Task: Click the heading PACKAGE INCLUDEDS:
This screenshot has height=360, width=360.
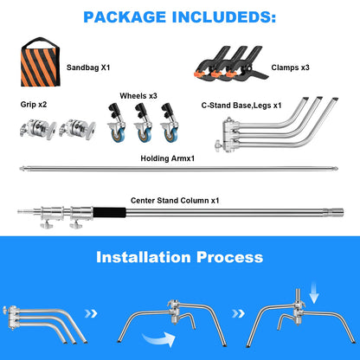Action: (x=179, y=17)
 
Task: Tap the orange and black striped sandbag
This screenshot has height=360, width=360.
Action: (x=41, y=65)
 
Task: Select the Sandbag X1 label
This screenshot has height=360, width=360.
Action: (x=88, y=67)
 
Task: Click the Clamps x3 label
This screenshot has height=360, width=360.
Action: (x=290, y=67)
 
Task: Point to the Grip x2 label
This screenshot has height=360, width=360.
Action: (x=34, y=105)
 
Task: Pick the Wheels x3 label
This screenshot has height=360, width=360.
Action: (x=138, y=96)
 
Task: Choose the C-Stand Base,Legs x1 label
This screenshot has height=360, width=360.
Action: (x=241, y=106)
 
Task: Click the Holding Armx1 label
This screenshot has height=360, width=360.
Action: (x=168, y=158)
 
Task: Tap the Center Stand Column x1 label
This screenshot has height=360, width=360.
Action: (x=175, y=201)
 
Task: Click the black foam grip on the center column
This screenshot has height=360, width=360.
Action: (x=110, y=213)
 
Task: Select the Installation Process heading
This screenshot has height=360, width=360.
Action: (x=180, y=257)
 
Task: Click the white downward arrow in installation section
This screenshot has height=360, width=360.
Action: (x=314, y=292)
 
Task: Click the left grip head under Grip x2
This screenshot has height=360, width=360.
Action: (x=38, y=129)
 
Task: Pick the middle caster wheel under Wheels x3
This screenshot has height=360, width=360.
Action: (x=144, y=123)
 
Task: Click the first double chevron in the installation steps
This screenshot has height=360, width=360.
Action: (x=91, y=313)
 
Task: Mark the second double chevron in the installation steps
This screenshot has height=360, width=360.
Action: (x=238, y=313)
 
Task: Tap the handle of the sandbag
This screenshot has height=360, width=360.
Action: (x=41, y=42)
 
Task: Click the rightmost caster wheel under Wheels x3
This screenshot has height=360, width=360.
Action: (x=170, y=123)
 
